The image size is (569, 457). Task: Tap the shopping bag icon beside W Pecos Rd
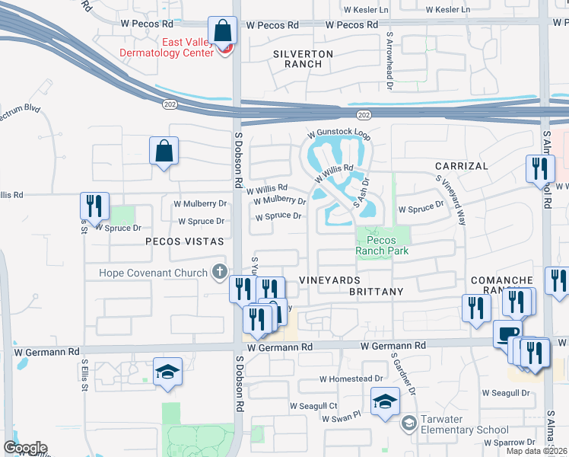click(x=223, y=32)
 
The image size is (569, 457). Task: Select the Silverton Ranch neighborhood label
click(x=303, y=59)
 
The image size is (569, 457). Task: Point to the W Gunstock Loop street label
click(x=339, y=134)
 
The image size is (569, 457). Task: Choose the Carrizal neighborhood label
click(x=461, y=165)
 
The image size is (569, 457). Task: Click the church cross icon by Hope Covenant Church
click(x=220, y=272)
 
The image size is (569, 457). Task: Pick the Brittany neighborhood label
click(x=376, y=292)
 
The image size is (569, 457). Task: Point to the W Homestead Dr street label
click(x=351, y=379)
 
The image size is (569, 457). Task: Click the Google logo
click(x=25, y=448)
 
